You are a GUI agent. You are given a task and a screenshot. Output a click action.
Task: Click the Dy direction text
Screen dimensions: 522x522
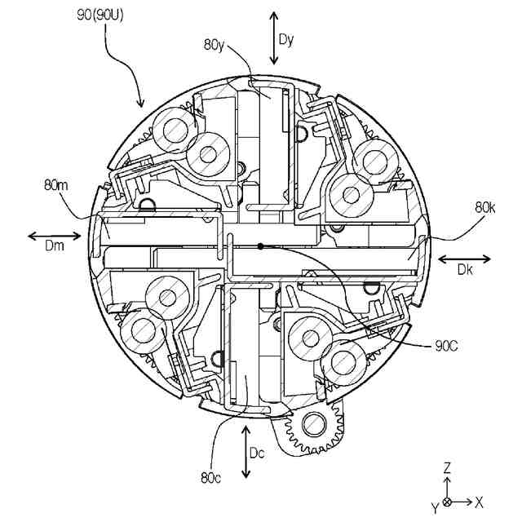[285, 38]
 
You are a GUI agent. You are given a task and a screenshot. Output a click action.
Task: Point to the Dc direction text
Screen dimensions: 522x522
[258, 453]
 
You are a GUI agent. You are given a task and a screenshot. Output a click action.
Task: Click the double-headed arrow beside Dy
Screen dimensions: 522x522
[274, 38]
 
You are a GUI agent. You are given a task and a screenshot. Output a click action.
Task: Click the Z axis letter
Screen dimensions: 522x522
[447, 468]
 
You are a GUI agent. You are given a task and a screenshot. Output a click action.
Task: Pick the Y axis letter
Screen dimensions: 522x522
[435, 507]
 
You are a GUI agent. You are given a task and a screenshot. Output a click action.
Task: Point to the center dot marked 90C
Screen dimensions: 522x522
[260, 246]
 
